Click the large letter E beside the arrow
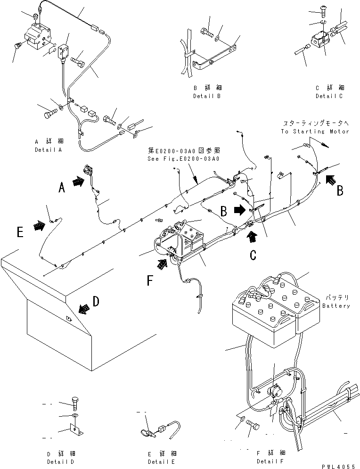(19, 232)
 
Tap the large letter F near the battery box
(150, 281)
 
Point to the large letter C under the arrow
(253, 255)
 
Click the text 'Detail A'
(49, 149)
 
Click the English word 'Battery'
(336, 306)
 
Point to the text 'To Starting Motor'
(315, 132)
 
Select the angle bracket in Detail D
(75, 431)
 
